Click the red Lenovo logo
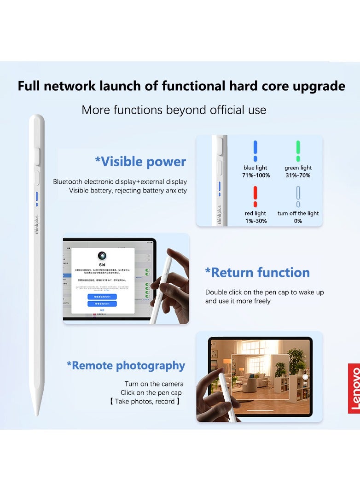click(x=354, y=388)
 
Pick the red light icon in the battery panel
click(x=255, y=196)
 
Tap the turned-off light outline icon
click(x=298, y=196)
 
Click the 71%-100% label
click(x=256, y=175)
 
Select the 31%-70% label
click(x=298, y=175)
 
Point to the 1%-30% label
click(x=255, y=221)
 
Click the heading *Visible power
click(x=140, y=162)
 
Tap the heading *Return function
click(x=257, y=272)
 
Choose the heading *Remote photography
click(x=126, y=365)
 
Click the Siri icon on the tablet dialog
click(x=103, y=256)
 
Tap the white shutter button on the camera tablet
click(x=304, y=377)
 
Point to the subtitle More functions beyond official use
click(x=174, y=110)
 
